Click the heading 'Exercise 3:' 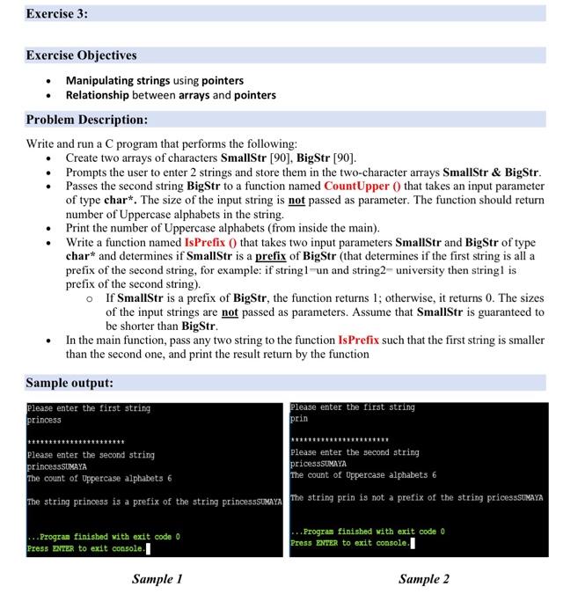(57, 14)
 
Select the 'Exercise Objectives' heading (81, 55)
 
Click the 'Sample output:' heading (70, 383)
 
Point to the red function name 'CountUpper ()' (361, 187)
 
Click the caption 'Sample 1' (157, 579)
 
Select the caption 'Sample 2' (423, 579)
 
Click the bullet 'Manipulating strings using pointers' (155, 80)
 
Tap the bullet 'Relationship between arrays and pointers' (171, 95)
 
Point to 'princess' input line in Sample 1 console (44, 421)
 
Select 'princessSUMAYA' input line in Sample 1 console (57, 466)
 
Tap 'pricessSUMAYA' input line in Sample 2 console (318, 464)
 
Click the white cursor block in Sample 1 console (147, 549)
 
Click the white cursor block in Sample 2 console (412, 543)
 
